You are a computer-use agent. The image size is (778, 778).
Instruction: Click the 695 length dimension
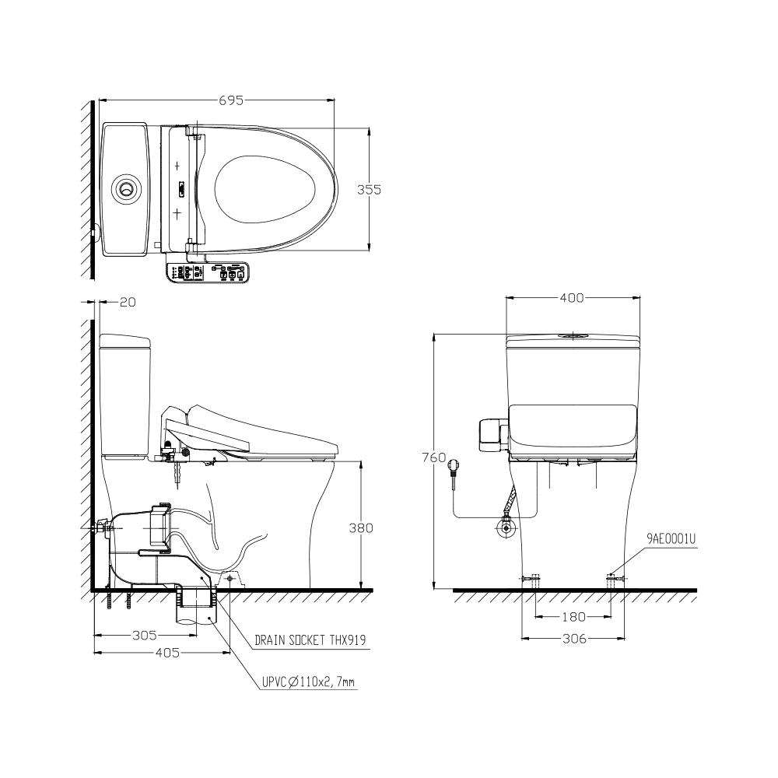point(231,100)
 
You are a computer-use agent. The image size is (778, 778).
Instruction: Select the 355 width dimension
point(369,189)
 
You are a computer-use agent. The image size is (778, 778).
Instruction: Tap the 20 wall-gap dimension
point(128,302)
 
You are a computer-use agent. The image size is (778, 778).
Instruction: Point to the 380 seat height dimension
point(361,527)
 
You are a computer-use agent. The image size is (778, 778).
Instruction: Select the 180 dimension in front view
point(573,617)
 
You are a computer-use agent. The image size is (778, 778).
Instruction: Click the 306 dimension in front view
point(573,639)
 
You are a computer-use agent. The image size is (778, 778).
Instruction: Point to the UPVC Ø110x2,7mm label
point(308,683)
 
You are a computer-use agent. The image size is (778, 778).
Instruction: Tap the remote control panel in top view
point(209,272)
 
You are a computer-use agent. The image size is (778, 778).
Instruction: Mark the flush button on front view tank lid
point(573,336)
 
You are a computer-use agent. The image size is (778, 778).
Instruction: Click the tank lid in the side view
point(124,340)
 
